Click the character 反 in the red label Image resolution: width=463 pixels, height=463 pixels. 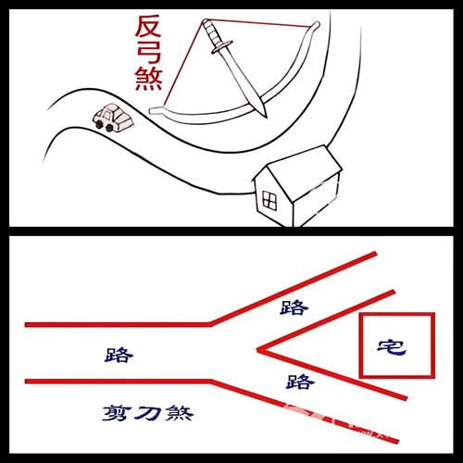coord(148,25)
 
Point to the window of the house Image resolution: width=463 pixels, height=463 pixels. coord(269,198)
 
